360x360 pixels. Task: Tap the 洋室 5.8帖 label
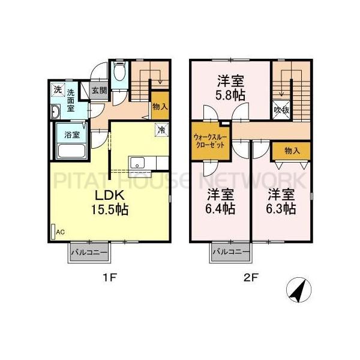pyautogui.click(x=230, y=88)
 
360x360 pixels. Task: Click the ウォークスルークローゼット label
pyautogui.click(x=210, y=140)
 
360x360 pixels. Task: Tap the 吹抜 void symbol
pyautogui.click(x=282, y=110)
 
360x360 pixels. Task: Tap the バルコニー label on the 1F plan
pyautogui.click(x=89, y=253)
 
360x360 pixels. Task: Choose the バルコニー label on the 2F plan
pyautogui.click(x=230, y=253)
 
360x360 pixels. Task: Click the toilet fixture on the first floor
pyautogui.click(x=119, y=75)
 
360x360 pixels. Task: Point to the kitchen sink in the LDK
pyautogui.click(x=137, y=163)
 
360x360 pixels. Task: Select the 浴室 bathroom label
pyautogui.click(x=73, y=134)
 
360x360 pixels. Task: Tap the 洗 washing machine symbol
pyautogui.click(x=58, y=90)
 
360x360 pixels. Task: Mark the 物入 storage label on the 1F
pyautogui.click(x=160, y=106)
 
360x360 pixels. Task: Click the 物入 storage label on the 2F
pyautogui.click(x=292, y=151)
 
